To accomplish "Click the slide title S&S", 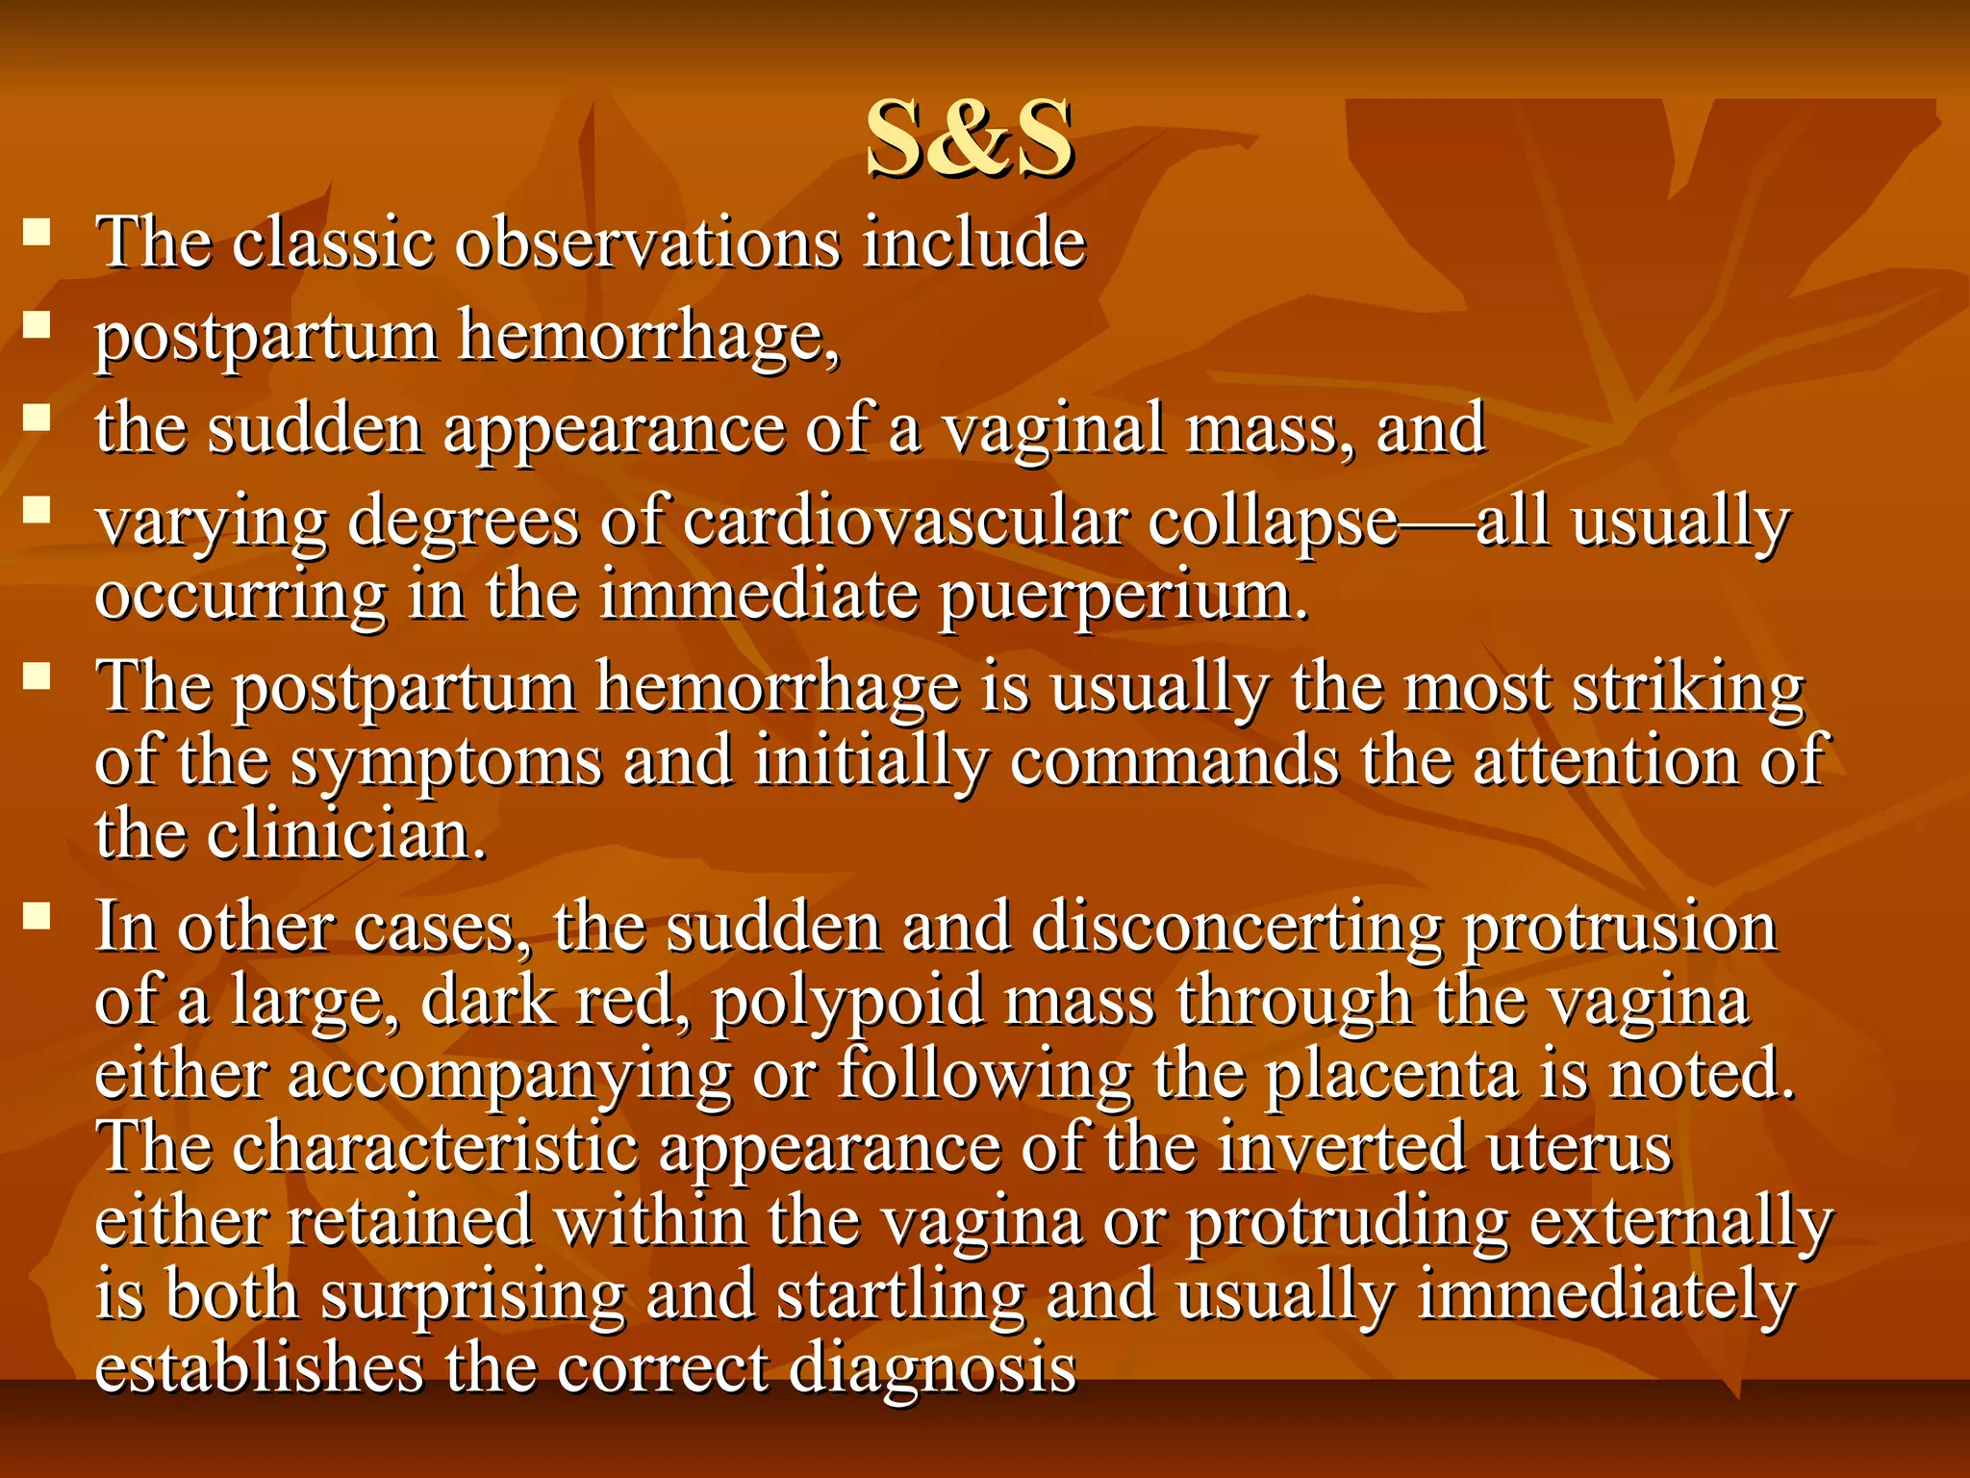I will [969, 139].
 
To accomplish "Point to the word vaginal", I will [1053, 428].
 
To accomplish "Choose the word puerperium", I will [1124, 597].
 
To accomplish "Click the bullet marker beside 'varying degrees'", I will [37, 510].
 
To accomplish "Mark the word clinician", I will [346, 834].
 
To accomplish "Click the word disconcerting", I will [1237, 928].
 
